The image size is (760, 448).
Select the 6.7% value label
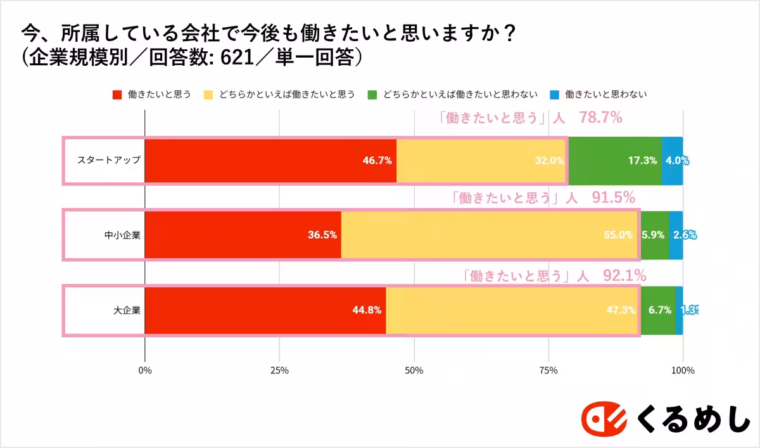tap(659, 310)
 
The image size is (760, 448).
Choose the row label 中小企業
tap(122, 235)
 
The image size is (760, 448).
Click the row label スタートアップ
tap(109, 161)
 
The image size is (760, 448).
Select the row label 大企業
tap(127, 310)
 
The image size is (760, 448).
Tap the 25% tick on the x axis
tap(279, 370)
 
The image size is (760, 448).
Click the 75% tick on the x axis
tap(548, 370)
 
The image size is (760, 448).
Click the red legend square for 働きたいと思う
tap(117, 95)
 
